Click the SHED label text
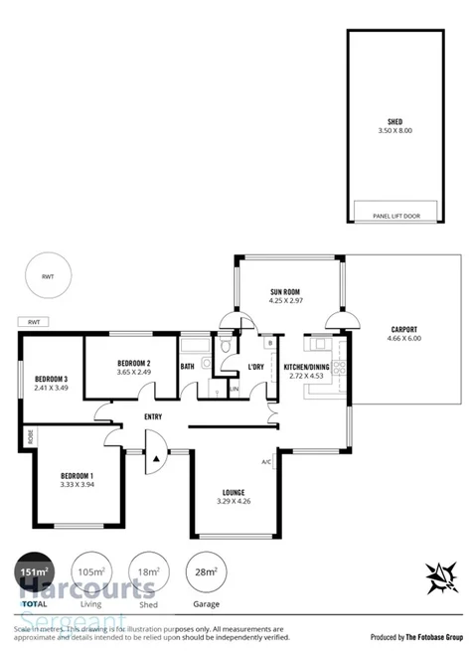tap(395, 122)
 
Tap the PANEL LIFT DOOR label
tap(395, 215)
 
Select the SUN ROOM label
tap(285, 292)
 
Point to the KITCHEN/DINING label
tap(306, 367)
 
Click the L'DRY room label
tap(255, 367)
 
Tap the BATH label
tap(188, 367)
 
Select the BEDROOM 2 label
tap(133, 363)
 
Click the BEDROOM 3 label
tap(52, 379)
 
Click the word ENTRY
tap(153, 416)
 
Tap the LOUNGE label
tap(235, 491)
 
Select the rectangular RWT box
tap(34, 322)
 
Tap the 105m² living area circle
tap(92, 571)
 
